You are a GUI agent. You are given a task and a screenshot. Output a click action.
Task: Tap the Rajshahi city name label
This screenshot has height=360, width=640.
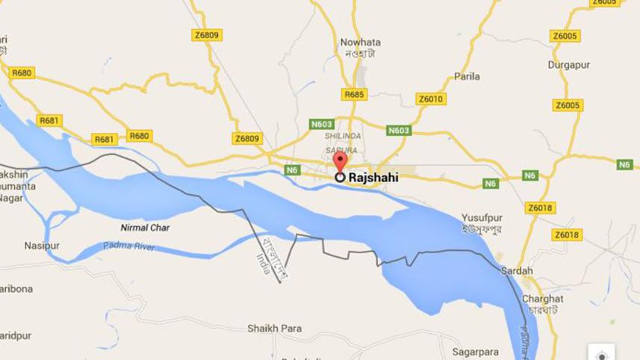(373, 178)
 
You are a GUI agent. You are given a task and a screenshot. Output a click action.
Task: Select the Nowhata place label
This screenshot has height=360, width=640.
(355, 42)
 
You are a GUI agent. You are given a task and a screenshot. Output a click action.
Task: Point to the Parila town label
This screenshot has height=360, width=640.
(467, 76)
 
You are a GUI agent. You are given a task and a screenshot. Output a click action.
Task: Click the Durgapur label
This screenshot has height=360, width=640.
(569, 65)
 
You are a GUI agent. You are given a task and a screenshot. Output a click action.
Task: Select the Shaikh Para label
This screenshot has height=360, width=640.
(274, 329)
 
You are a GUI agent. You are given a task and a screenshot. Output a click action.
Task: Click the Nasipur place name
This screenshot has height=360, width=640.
(41, 245)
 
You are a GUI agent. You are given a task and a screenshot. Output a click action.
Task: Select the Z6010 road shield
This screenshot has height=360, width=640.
(431, 99)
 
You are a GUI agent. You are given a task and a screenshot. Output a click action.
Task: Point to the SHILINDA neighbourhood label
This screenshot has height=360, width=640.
(342, 137)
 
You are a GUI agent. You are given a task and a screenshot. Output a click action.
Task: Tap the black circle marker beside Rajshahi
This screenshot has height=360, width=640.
(340, 177)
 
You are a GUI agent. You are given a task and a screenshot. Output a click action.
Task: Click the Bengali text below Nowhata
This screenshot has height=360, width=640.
(355, 54)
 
